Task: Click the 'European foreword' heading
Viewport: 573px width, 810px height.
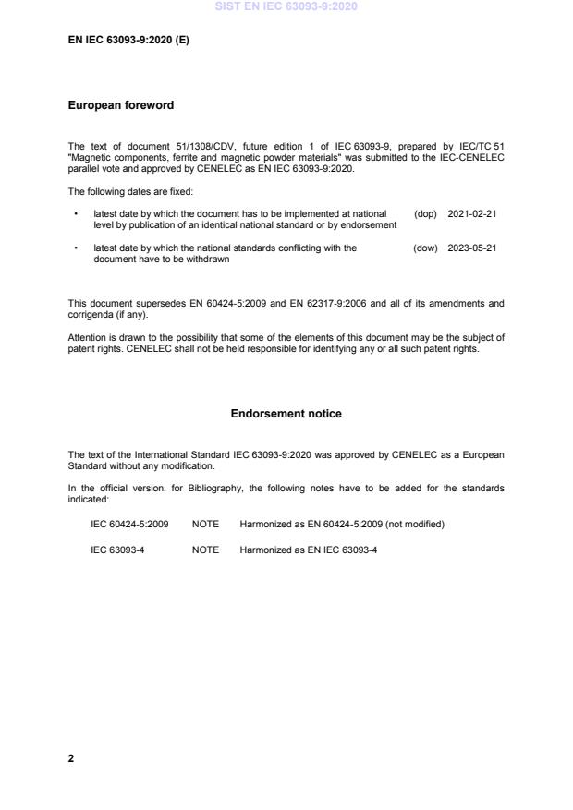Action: [x=120, y=105]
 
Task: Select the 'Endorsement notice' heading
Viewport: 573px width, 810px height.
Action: [x=286, y=414]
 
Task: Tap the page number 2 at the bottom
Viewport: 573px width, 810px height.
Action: [x=71, y=758]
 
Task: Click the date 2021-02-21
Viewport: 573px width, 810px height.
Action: [x=471, y=213]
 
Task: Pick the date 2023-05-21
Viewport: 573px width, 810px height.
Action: [x=471, y=248]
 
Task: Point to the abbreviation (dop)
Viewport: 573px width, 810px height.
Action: [x=425, y=213]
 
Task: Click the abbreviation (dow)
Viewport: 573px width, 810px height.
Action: [x=425, y=248]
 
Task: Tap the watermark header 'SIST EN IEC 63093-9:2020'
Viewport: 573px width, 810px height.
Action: [x=286, y=6]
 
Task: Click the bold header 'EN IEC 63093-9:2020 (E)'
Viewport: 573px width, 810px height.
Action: [x=128, y=41]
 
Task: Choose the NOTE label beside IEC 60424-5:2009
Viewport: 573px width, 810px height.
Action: [x=205, y=524]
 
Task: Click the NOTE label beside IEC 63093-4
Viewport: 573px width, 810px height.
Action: [x=205, y=550]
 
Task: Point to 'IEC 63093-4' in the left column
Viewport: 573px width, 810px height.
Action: [x=116, y=550]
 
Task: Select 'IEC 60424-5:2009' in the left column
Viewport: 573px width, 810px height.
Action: [x=129, y=524]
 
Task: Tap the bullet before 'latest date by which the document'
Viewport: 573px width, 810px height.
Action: [x=75, y=213]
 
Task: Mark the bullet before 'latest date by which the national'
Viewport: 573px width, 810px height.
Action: [x=75, y=248]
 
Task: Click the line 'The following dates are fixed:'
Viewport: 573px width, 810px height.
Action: [x=130, y=191]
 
